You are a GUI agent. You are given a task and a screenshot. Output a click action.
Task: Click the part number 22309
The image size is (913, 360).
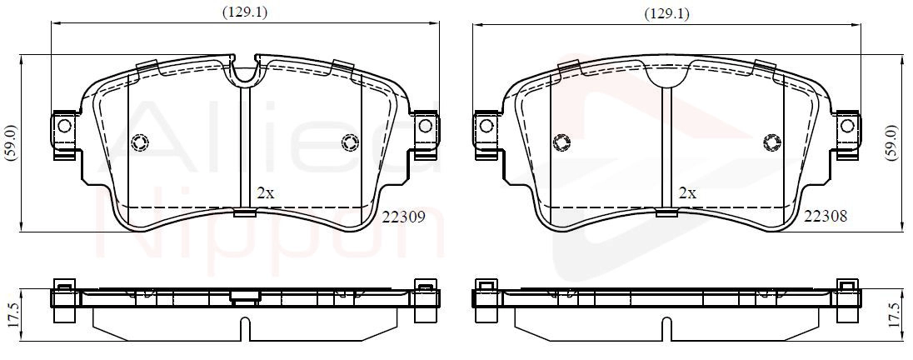click(x=403, y=217)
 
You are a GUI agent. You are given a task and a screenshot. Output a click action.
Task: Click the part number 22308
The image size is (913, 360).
click(x=825, y=217)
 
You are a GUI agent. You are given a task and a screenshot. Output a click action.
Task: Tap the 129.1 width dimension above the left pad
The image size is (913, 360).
click(x=245, y=12)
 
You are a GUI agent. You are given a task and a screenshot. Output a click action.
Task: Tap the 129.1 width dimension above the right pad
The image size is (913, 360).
click(x=666, y=14)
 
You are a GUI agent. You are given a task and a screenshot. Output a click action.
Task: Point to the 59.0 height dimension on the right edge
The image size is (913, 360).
click(x=890, y=142)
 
